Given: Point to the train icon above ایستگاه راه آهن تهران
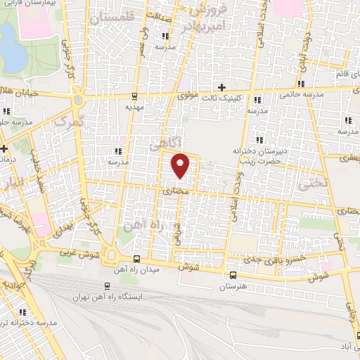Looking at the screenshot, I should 107,286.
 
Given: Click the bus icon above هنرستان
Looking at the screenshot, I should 233,274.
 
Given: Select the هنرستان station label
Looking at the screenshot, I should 232,287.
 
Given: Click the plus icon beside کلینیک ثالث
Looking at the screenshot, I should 222,88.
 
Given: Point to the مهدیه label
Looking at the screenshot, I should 134,108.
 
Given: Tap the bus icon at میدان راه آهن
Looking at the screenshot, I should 136,258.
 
